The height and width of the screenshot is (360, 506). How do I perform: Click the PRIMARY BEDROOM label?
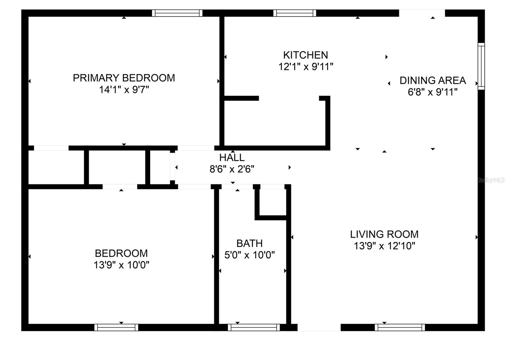pyautogui.click(x=124, y=78)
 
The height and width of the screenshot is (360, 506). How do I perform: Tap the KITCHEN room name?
pyautogui.click(x=305, y=55)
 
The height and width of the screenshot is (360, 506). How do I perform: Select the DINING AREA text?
pyautogui.click(x=433, y=80)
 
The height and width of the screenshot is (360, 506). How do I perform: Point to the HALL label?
pyautogui.click(x=232, y=157)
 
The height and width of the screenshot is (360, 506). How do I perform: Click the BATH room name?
pyautogui.click(x=250, y=243)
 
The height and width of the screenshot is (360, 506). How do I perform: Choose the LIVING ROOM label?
pyautogui.click(x=384, y=234)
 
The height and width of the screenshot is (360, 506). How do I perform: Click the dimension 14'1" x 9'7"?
pyautogui.click(x=124, y=90)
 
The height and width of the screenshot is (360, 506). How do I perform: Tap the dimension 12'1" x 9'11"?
pyautogui.click(x=305, y=67)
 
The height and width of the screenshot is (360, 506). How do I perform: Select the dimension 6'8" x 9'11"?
pyautogui.click(x=433, y=92)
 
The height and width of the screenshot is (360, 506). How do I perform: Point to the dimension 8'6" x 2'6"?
pyautogui.click(x=232, y=169)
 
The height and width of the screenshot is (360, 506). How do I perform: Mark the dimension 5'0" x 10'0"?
pyautogui.click(x=250, y=255)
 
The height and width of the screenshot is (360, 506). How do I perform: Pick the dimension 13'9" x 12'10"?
pyautogui.click(x=384, y=246)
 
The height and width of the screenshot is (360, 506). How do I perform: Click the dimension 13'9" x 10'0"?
pyautogui.click(x=121, y=265)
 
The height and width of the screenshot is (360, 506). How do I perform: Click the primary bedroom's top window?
pyautogui.click(x=177, y=13)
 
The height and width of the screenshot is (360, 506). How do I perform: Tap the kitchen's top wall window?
pyautogui.click(x=294, y=13)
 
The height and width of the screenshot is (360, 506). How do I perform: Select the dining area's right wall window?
pyautogui.click(x=481, y=66)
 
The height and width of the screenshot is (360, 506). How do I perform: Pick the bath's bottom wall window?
pyautogui.click(x=254, y=327)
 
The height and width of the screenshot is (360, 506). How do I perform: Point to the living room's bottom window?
pyautogui.click(x=400, y=327)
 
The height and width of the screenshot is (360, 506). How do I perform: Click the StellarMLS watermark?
pyautogui.click(x=491, y=180)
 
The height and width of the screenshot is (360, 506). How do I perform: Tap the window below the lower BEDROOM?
pyautogui.click(x=116, y=327)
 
